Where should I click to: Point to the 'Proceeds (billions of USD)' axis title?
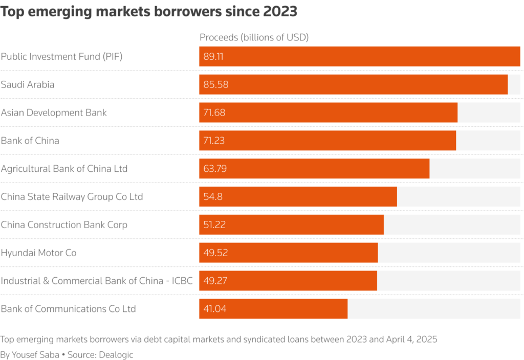(x=254, y=37)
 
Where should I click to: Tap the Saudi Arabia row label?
(x=28, y=84)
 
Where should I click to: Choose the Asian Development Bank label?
(x=54, y=112)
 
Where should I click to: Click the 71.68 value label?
(x=214, y=112)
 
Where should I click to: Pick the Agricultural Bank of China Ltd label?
(x=64, y=169)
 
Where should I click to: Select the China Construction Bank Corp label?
(x=64, y=225)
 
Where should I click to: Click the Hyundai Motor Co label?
(x=38, y=253)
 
